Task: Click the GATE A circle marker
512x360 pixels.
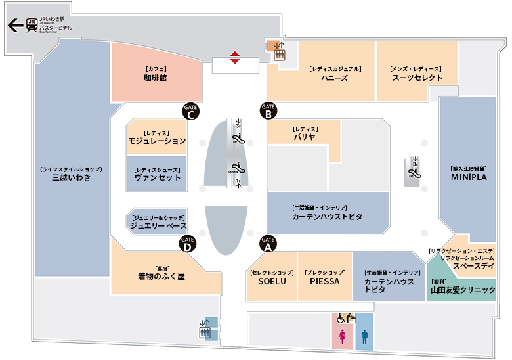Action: point(268,244)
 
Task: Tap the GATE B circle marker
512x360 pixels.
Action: point(268,111)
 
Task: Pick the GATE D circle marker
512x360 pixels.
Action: point(188,244)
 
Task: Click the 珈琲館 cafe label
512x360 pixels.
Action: point(155,78)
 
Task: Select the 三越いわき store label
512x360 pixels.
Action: point(71,177)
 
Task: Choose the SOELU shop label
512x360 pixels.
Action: point(272,281)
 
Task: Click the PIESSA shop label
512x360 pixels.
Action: point(325,281)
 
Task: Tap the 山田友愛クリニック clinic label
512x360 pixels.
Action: point(463,290)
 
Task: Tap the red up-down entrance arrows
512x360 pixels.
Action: point(235,58)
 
